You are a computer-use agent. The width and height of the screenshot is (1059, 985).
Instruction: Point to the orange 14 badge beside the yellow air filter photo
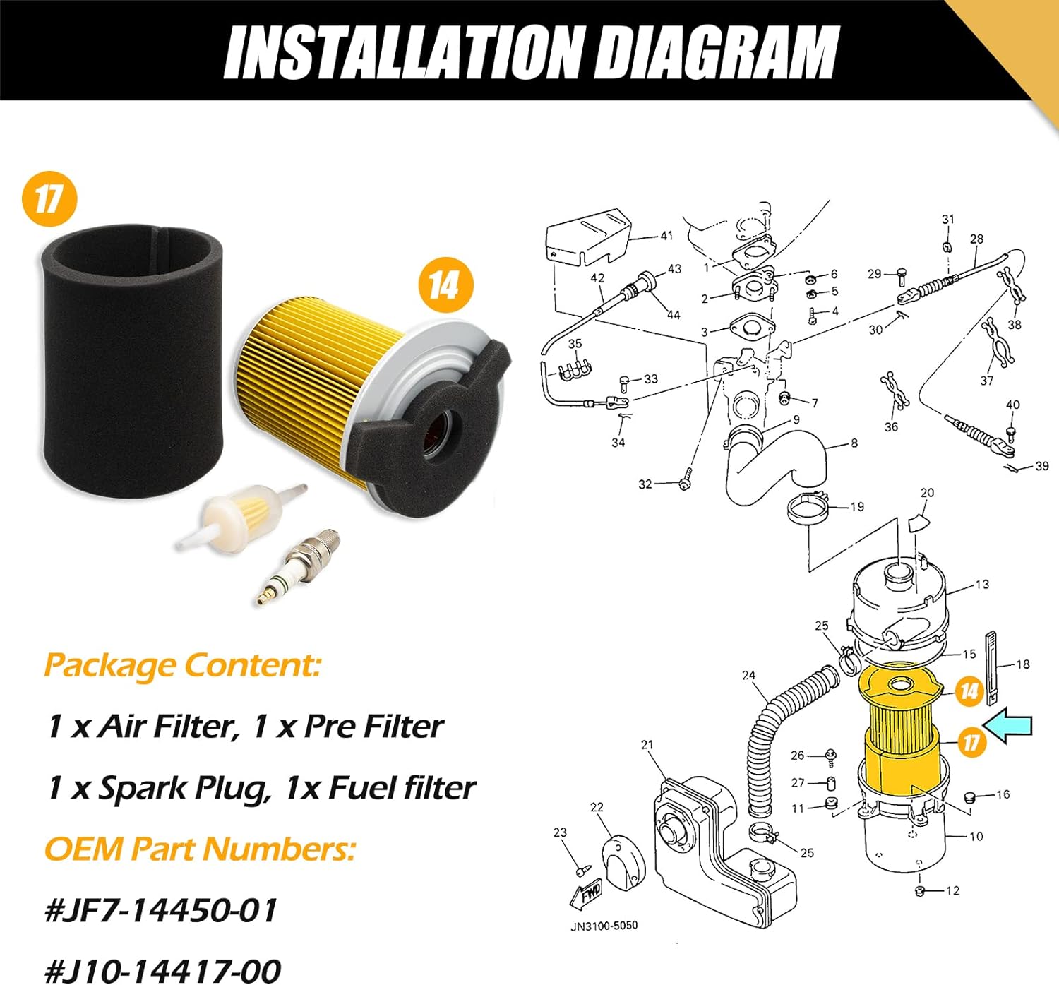[x=444, y=285]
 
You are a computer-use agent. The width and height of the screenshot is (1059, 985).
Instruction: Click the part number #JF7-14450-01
[x=161, y=910]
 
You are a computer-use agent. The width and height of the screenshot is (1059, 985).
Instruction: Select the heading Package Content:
[x=182, y=665]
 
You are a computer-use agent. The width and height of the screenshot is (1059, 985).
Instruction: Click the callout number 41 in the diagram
[x=666, y=236]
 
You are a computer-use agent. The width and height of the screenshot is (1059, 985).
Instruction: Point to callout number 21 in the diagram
[x=647, y=745]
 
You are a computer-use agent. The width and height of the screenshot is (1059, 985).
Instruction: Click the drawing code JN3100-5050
[x=604, y=925]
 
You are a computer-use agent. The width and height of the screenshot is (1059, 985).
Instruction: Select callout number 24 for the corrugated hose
[x=748, y=675]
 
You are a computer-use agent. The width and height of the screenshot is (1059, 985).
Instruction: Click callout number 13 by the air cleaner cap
[x=982, y=584]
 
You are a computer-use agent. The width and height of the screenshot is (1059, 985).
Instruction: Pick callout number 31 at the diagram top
[x=947, y=220]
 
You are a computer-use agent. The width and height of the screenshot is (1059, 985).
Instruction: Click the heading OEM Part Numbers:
[x=200, y=849]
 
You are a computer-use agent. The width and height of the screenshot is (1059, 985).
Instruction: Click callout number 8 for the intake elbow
[x=854, y=443]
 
